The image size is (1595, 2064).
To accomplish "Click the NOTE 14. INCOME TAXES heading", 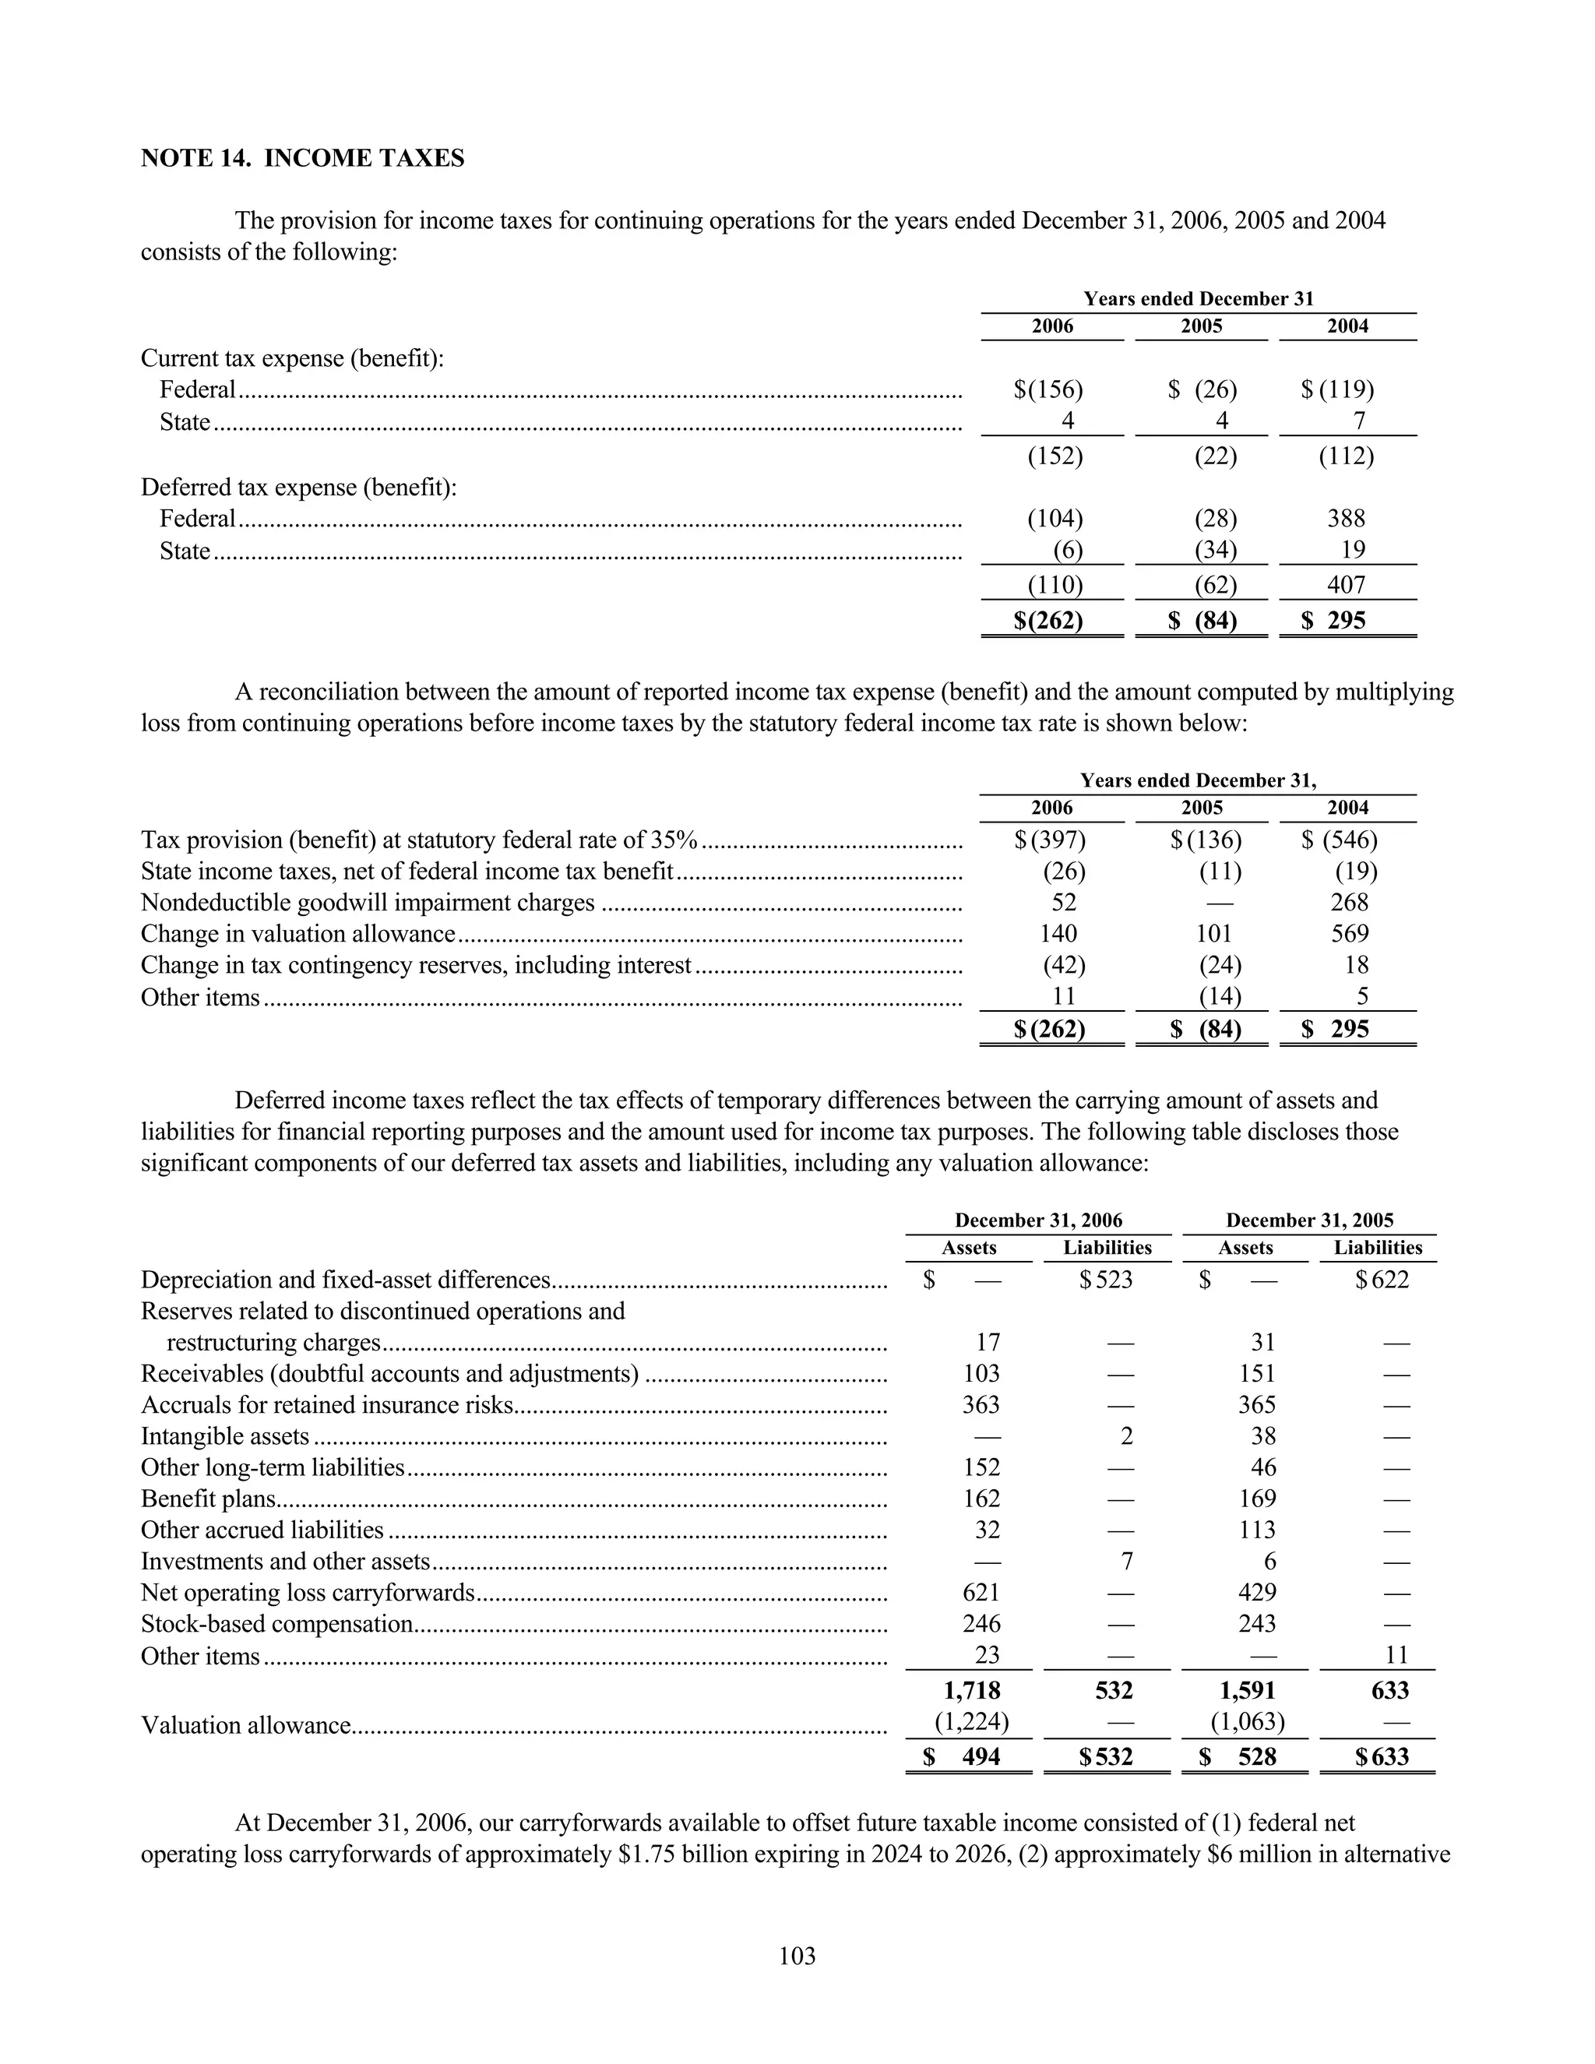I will point(302,158).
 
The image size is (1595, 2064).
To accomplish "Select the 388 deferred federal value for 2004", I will point(1346,518).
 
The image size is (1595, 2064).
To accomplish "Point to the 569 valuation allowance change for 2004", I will point(1350,934).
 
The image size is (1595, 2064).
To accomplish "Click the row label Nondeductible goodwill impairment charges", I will point(368,903).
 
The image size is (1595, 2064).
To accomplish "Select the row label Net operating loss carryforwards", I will point(307,1593).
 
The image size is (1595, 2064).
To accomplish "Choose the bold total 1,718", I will point(971,1690).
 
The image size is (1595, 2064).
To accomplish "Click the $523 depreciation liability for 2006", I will point(1107,1280).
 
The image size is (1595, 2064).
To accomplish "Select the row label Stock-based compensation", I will point(276,1624).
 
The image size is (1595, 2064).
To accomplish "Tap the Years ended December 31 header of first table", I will point(1198,298).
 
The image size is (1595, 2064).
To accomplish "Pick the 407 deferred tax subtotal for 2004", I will point(1346,584).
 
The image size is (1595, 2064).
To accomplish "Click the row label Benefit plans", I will point(209,1499).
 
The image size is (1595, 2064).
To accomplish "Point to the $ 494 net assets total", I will point(964,1757).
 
